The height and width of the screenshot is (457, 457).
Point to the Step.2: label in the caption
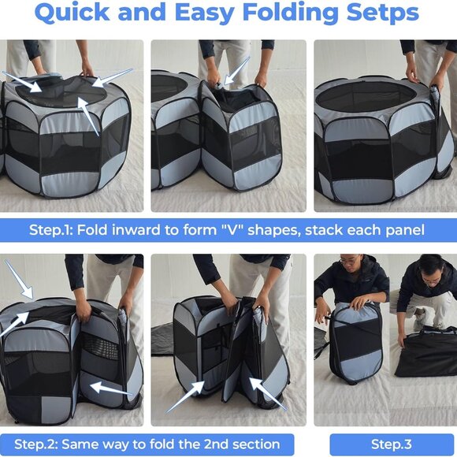[x=39, y=444]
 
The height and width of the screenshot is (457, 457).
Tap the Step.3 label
[x=392, y=444]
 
